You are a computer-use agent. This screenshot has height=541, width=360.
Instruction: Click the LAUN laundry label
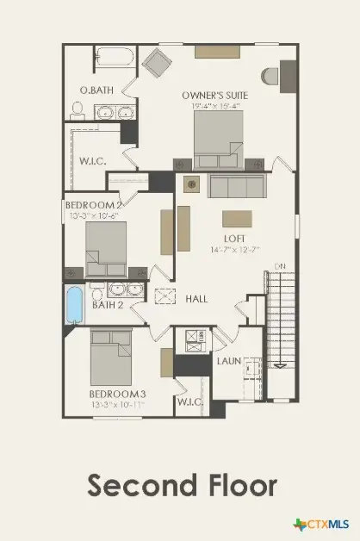click(x=228, y=362)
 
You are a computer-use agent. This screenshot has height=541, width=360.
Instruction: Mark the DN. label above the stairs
click(x=276, y=265)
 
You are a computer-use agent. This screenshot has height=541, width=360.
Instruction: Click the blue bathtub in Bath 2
click(x=75, y=304)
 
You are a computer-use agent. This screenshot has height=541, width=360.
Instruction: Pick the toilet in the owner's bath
click(x=76, y=109)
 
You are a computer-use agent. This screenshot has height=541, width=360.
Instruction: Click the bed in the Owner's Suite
click(x=218, y=140)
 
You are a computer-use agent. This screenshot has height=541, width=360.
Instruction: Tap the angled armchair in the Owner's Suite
click(x=158, y=63)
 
